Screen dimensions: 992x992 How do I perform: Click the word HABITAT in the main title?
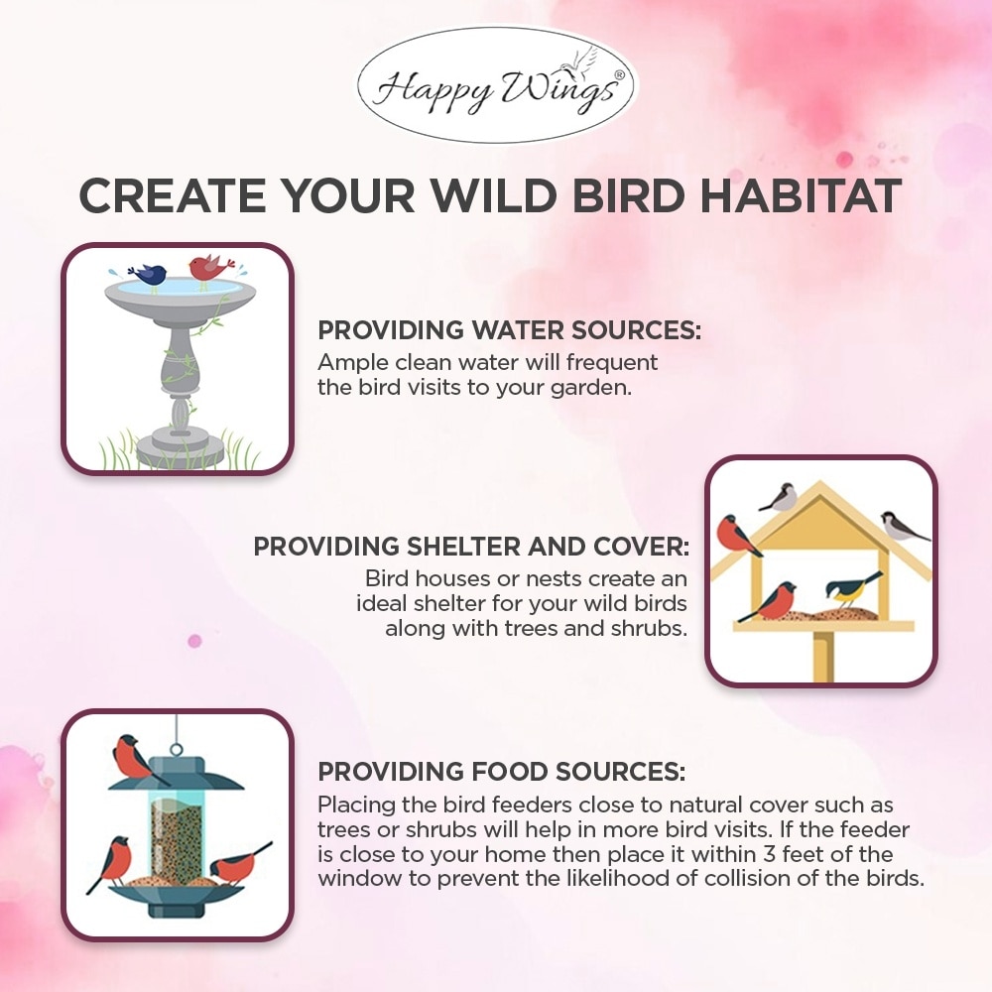[801, 195]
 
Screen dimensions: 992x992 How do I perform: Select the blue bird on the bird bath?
[148, 274]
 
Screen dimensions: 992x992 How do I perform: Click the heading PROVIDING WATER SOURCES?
[509, 330]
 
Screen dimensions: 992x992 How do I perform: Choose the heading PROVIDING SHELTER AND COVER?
[471, 547]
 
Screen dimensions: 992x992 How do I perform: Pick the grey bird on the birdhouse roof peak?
[780, 497]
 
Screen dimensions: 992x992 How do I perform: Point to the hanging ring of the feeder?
[176, 750]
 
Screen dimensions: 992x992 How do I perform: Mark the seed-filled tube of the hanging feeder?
[177, 837]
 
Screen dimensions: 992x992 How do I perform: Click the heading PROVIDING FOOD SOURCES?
[501, 772]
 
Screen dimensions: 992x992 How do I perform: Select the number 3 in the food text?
[769, 854]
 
